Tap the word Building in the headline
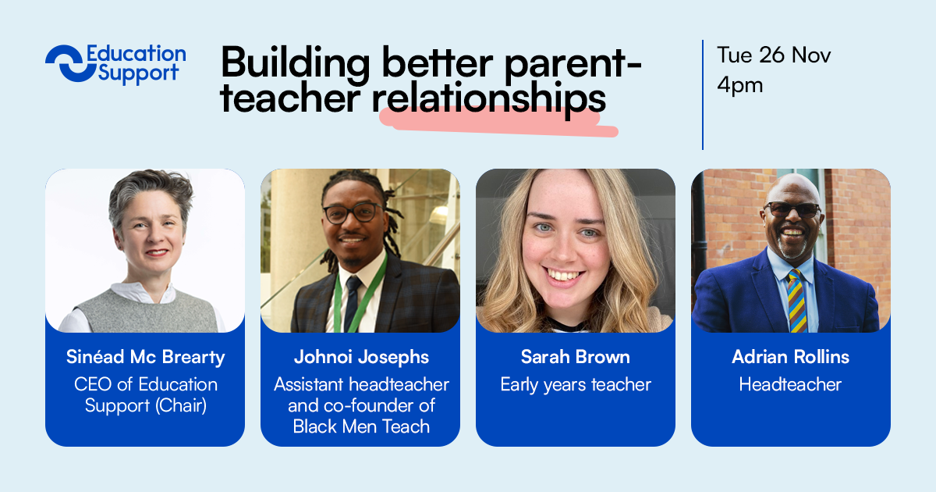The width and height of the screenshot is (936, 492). click(296, 63)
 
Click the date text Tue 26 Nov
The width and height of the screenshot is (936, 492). click(774, 55)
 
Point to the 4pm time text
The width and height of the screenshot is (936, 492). click(740, 86)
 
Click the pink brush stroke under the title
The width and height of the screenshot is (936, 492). click(498, 122)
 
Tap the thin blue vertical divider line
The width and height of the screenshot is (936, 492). click(703, 95)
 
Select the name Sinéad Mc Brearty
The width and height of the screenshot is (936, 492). click(145, 357)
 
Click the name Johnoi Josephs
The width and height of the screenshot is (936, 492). click(361, 357)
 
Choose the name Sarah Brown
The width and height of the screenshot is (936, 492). click(576, 357)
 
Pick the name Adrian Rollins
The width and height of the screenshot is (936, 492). click(791, 357)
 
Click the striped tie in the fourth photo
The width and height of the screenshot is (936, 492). click(796, 301)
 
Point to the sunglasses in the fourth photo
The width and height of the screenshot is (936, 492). click(792, 209)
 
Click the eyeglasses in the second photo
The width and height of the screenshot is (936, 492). click(353, 213)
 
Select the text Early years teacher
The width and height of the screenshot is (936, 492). click(576, 385)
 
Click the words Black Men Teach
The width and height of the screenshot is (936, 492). click(361, 426)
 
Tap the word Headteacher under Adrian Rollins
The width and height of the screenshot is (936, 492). click(790, 384)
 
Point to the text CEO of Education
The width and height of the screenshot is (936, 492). click(146, 384)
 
